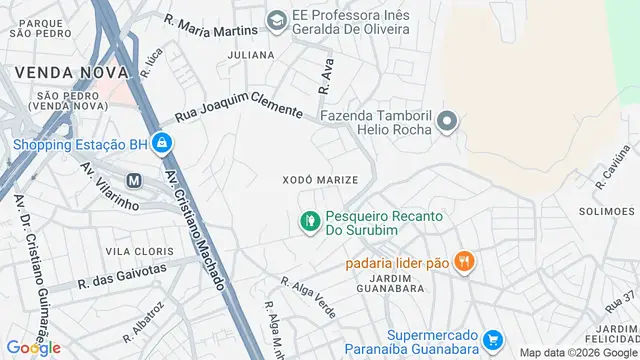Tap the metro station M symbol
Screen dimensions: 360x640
point(133,180)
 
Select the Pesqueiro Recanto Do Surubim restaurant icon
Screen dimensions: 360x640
point(310,219)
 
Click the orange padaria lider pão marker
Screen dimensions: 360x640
point(463,262)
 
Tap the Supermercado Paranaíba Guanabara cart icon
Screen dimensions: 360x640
point(491,341)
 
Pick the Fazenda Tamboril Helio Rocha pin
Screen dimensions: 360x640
point(447,123)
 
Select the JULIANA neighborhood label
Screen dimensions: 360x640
point(251,55)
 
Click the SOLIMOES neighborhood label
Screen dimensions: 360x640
point(606,211)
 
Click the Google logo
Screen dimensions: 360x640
point(33,347)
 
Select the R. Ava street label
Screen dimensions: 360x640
point(325,75)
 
